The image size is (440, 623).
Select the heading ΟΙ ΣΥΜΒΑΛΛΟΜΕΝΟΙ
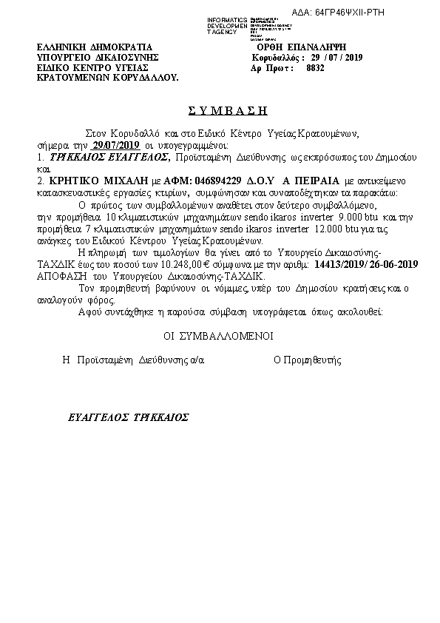(218, 335)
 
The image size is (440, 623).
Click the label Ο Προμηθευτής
(307, 360)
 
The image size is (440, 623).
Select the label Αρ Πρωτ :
(273, 67)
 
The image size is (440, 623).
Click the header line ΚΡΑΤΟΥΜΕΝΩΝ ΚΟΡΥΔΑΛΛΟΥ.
(107, 77)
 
